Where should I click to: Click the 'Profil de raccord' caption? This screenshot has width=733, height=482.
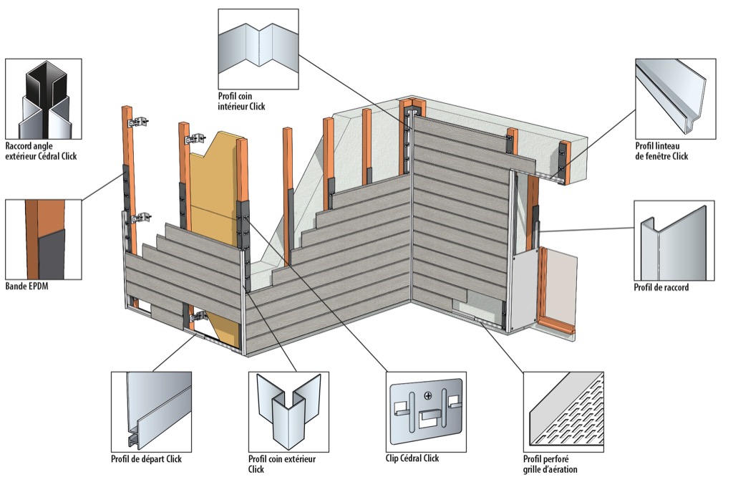(x=661, y=288)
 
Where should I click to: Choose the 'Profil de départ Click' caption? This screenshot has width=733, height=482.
(x=146, y=458)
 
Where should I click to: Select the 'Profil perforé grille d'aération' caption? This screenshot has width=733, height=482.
(x=550, y=463)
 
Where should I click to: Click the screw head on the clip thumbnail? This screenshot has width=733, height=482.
(x=428, y=395)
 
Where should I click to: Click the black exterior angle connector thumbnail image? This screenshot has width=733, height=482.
(x=43, y=100)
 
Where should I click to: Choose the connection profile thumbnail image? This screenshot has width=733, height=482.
(x=674, y=240)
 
